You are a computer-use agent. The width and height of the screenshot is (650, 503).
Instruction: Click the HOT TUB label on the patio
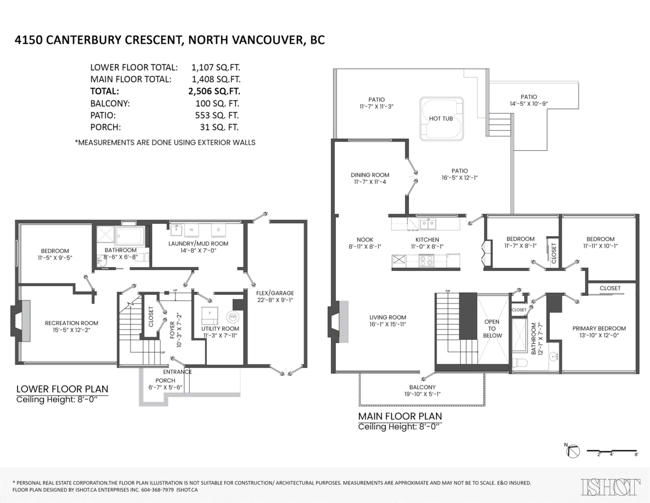tap(440, 118)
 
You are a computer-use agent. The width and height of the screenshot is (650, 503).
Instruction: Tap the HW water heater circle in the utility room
tap(232, 317)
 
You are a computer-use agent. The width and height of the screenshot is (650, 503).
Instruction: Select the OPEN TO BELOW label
tap(492, 328)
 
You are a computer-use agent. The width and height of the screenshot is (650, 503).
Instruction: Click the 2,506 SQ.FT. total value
tap(211, 92)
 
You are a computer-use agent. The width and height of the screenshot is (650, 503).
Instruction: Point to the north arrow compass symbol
tap(573, 450)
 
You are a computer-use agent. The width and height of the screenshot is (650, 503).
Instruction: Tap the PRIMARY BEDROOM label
tap(599, 328)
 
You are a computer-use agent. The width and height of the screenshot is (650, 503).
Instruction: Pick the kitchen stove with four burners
tap(426, 260)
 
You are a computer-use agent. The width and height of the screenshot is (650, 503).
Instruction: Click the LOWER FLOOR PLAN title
tap(62, 389)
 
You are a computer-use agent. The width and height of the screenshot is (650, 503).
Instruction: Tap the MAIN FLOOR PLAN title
tap(400, 416)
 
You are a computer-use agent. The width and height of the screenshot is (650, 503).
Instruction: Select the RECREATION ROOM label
tap(71, 323)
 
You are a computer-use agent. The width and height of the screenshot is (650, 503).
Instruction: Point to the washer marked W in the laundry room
tap(191, 230)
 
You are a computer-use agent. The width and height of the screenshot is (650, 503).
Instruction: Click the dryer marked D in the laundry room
tap(218, 230)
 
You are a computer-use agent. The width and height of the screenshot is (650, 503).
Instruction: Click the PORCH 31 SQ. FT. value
tap(219, 127)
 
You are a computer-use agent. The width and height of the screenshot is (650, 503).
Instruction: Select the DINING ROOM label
tap(370, 175)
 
